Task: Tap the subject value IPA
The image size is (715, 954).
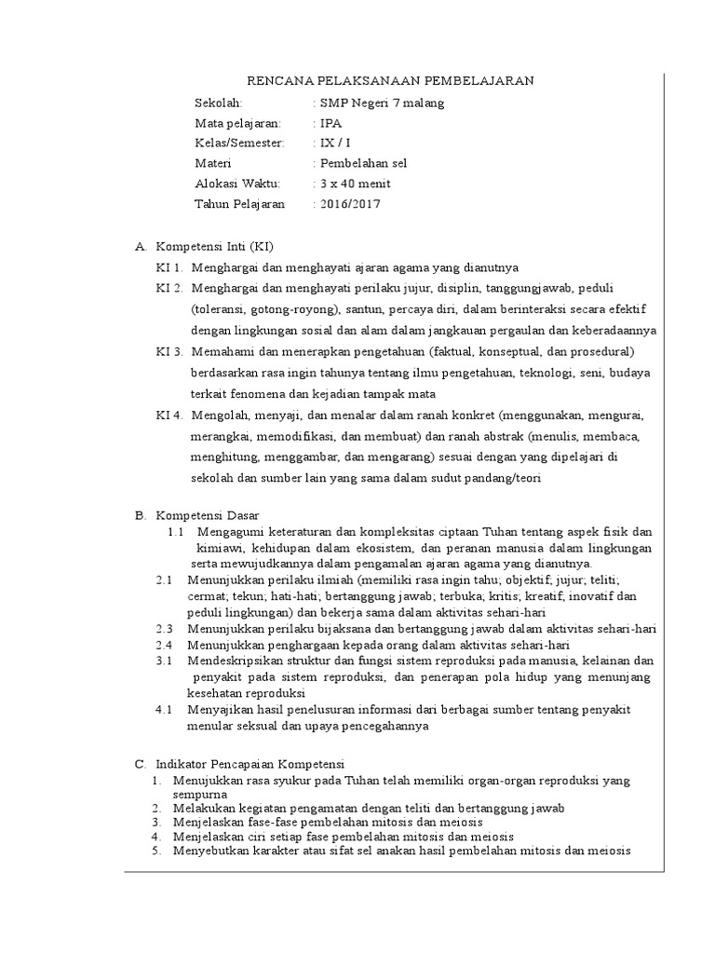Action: click(330, 123)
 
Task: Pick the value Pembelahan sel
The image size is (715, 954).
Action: click(363, 163)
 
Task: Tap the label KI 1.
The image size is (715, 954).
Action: click(170, 267)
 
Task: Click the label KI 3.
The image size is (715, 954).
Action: click(170, 351)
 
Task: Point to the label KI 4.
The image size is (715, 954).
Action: click(170, 415)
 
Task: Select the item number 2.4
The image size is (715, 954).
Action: click(165, 645)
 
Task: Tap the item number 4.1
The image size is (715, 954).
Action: click(165, 710)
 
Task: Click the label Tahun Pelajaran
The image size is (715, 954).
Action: click(240, 204)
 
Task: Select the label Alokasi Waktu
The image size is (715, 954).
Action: click(236, 184)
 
